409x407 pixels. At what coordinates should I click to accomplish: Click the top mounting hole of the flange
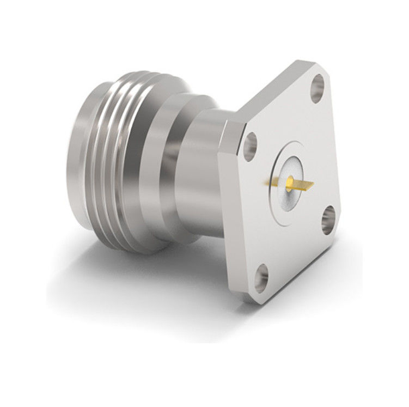(318, 89)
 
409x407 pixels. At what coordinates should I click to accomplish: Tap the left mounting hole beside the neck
(251, 146)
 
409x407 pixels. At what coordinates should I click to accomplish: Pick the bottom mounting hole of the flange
(262, 276)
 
